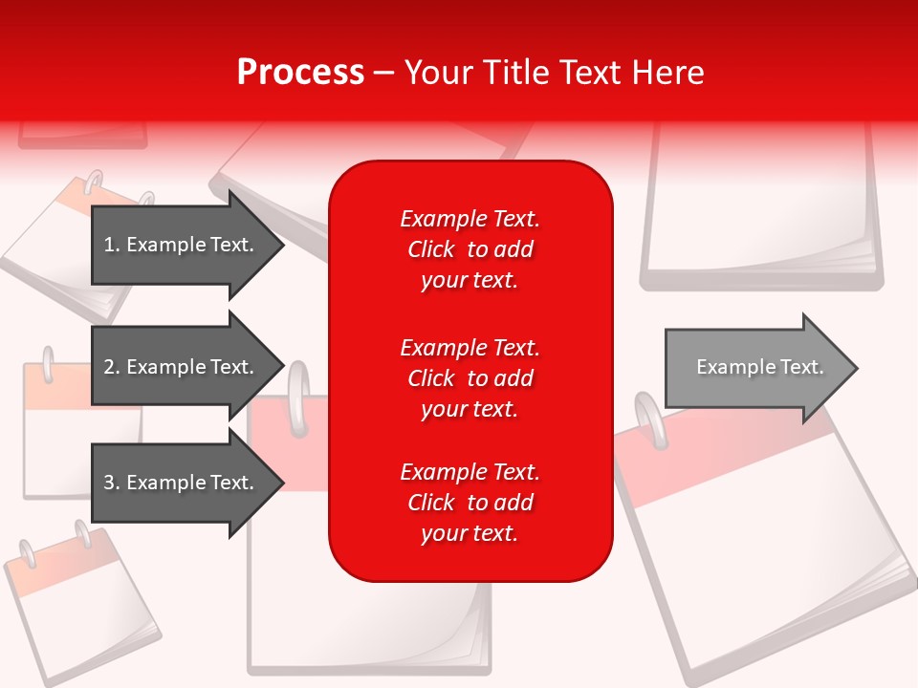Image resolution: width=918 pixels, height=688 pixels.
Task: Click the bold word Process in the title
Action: tap(300, 73)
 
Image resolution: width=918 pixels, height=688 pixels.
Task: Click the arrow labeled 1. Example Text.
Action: tap(182, 245)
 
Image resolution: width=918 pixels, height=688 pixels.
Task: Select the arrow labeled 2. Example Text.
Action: tap(182, 367)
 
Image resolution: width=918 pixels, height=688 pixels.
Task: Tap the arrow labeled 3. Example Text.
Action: tap(182, 483)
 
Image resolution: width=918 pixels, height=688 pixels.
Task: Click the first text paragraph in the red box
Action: tap(470, 249)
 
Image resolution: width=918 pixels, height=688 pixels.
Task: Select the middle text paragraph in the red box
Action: tap(470, 378)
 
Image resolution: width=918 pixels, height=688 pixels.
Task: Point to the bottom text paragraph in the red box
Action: tap(470, 503)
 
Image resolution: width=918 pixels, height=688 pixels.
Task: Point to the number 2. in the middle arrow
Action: tap(112, 367)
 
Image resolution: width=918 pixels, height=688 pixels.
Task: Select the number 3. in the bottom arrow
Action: tap(112, 483)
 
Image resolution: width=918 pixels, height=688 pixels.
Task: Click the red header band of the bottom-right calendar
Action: tap(727, 459)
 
